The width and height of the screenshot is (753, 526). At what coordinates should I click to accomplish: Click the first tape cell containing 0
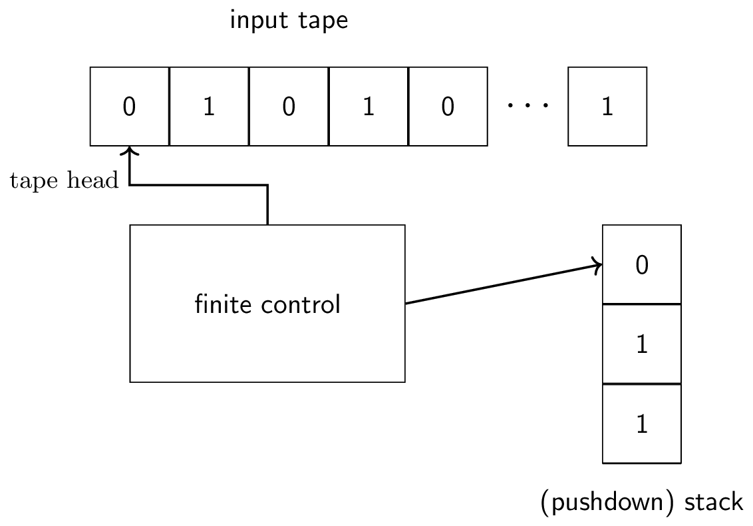coord(130,107)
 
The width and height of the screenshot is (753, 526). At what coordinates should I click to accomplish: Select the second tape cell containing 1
coord(209,107)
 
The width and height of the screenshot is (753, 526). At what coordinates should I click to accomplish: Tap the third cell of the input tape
coord(289,107)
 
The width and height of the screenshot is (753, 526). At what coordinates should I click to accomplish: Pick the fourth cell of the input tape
coord(368,107)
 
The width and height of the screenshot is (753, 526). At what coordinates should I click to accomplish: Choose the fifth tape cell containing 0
coord(448,107)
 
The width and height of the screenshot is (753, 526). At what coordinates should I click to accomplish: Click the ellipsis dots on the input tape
coord(527,105)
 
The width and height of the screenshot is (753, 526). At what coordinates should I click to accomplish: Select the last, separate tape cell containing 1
coord(607,107)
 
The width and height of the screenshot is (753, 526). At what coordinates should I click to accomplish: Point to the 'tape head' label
coord(64,180)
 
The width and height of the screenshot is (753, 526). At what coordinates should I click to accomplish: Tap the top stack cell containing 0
coord(641,265)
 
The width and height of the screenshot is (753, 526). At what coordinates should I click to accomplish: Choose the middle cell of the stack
coord(641,344)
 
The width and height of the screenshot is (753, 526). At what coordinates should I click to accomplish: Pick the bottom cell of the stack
coord(641,423)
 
